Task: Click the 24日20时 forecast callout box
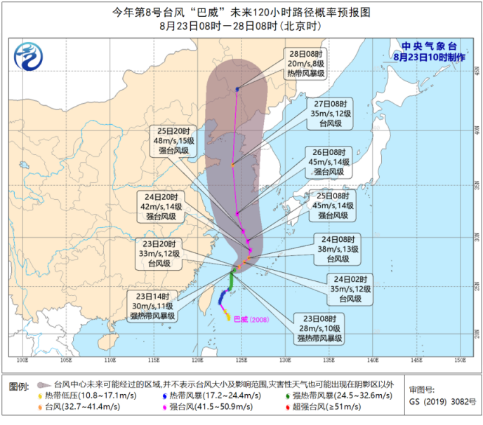tap(164, 207)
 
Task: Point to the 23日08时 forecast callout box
tap(319, 327)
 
